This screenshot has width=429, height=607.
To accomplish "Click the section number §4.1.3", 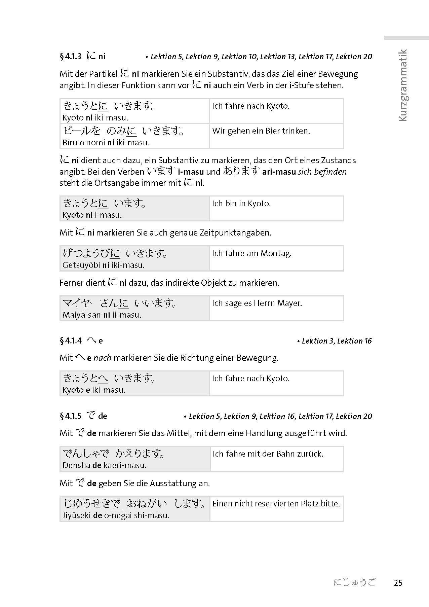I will click(x=71, y=56).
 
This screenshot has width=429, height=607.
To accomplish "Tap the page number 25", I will click(x=398, y=583).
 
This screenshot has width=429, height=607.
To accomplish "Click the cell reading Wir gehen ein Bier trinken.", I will click(x=261, y=131).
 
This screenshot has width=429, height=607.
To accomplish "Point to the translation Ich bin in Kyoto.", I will click(x=241, y=204).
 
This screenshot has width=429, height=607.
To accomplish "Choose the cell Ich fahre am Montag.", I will click(x=251, y=253).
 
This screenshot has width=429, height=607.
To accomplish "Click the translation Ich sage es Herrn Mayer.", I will click(x=257, y=303).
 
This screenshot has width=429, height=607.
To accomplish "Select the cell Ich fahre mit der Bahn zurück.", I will click(x=268, y=454).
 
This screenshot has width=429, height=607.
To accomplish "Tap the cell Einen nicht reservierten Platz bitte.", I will click(x=276, y=504).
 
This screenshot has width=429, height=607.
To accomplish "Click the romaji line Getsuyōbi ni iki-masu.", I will click(x=104, y=265).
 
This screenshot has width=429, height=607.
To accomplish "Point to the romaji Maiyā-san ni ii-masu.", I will click(x=102, y=315).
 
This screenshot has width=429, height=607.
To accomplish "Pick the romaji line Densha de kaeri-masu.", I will click(x=104, y=466).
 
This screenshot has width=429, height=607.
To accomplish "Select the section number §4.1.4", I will click(x=71, y=341).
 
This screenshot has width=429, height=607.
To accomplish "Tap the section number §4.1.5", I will click(x=71, y=416).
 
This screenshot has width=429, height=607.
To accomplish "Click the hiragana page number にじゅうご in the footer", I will click(x=354, y=582).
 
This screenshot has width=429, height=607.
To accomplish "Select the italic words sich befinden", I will click(x=322, y=172).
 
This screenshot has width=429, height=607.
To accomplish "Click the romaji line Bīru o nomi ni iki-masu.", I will click(x=106, y=143).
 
